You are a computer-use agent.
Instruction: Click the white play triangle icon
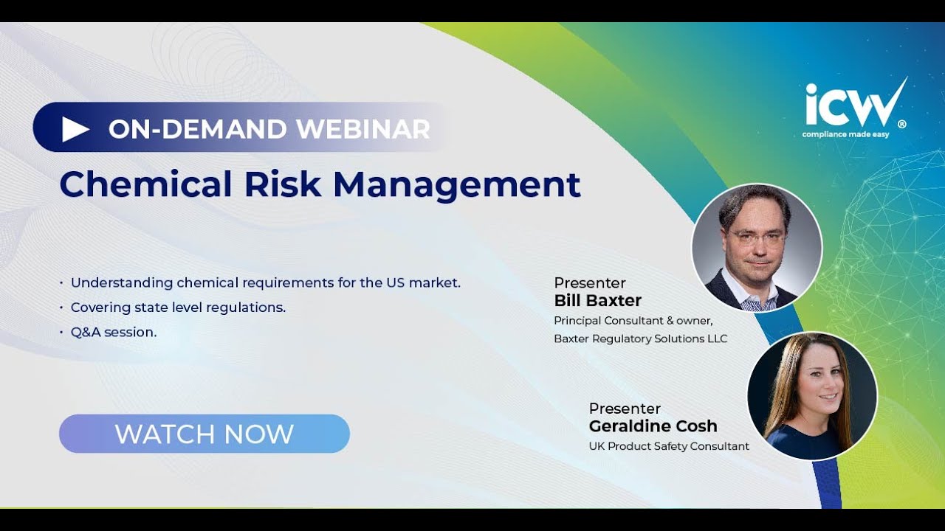coord(75,129)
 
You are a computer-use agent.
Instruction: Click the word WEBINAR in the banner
coord(363,129)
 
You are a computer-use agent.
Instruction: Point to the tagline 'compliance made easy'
coord(845,134)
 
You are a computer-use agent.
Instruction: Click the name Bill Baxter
coord(597,301)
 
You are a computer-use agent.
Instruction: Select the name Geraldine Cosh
coord(653,426)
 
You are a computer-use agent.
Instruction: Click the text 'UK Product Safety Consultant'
coord(668,446)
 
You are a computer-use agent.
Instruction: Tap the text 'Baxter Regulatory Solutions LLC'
coord(640,339)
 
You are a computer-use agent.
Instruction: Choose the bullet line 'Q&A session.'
coord(114,332)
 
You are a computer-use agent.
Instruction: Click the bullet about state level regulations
coord(178,308)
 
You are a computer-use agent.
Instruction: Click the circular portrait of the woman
coord(812,396)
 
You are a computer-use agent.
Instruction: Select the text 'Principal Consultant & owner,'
coord(633,320)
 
